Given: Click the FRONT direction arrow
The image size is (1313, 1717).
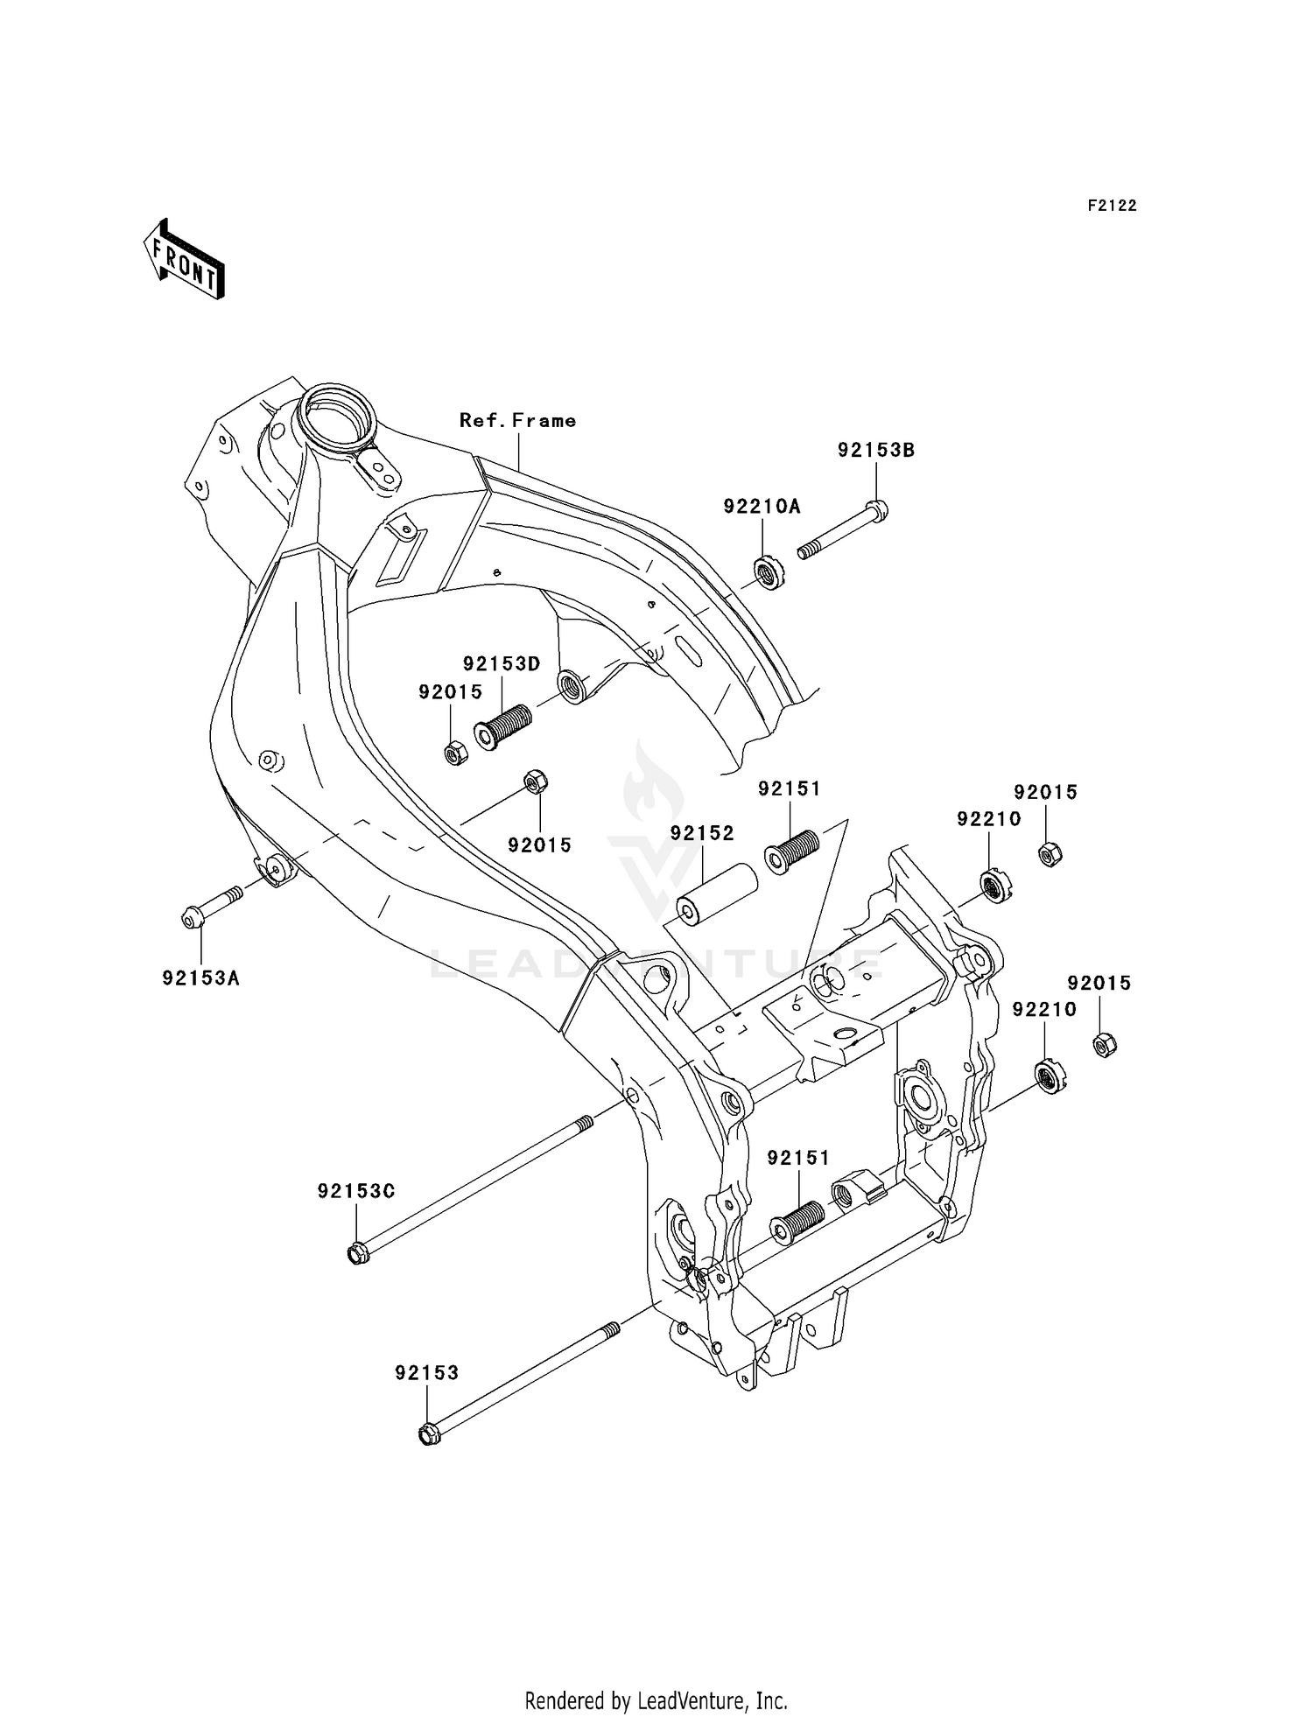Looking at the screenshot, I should (185, 261).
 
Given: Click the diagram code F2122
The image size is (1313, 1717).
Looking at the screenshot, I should (1112, 206).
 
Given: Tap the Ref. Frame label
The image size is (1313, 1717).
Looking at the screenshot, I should (517, 421).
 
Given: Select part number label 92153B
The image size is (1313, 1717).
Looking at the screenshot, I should (875, 451).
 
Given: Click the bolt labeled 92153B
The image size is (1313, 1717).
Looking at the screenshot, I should (841, 531).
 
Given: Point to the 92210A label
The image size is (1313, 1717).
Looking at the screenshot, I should (762, 507).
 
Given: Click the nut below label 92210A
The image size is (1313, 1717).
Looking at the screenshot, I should (769, 574).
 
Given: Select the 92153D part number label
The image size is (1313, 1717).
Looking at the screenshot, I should (502, 663).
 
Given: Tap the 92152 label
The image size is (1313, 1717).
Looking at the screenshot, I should (702, 833).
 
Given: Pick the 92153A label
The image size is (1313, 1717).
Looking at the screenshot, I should (200, 978).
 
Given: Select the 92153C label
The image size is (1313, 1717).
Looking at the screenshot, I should (356, 1191).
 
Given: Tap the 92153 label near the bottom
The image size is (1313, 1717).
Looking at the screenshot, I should (426, 1373).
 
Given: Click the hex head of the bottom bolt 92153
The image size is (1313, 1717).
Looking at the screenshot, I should (428, 1434).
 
